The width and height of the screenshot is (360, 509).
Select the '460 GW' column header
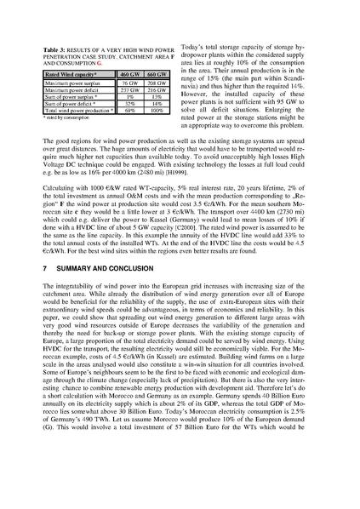129,75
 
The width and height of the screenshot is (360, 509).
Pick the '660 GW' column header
157,75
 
